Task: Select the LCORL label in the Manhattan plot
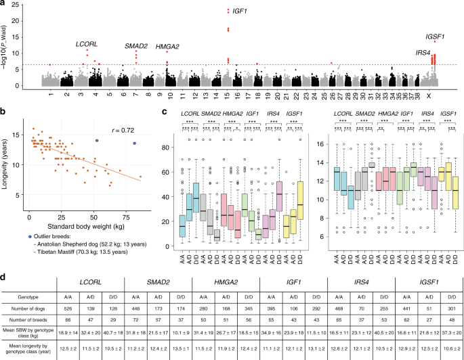coord(87,44)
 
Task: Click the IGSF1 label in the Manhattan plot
coord(435,37)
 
